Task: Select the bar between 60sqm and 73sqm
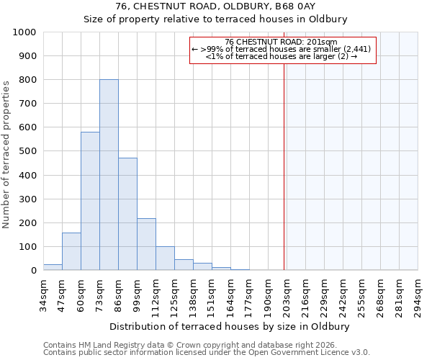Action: (90, 201)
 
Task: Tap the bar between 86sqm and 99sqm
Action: (127, 214)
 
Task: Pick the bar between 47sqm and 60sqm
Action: (71, 251)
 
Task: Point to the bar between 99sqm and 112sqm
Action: (146, 244)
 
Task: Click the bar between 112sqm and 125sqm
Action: (165, 258)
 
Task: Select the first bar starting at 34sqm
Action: (53, 267)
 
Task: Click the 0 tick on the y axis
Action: (33, 271)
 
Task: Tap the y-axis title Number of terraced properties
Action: (7, 155)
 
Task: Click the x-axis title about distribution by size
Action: (230, 326)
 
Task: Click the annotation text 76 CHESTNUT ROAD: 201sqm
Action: (281, 42)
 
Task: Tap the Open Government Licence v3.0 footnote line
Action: (207, 353)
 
